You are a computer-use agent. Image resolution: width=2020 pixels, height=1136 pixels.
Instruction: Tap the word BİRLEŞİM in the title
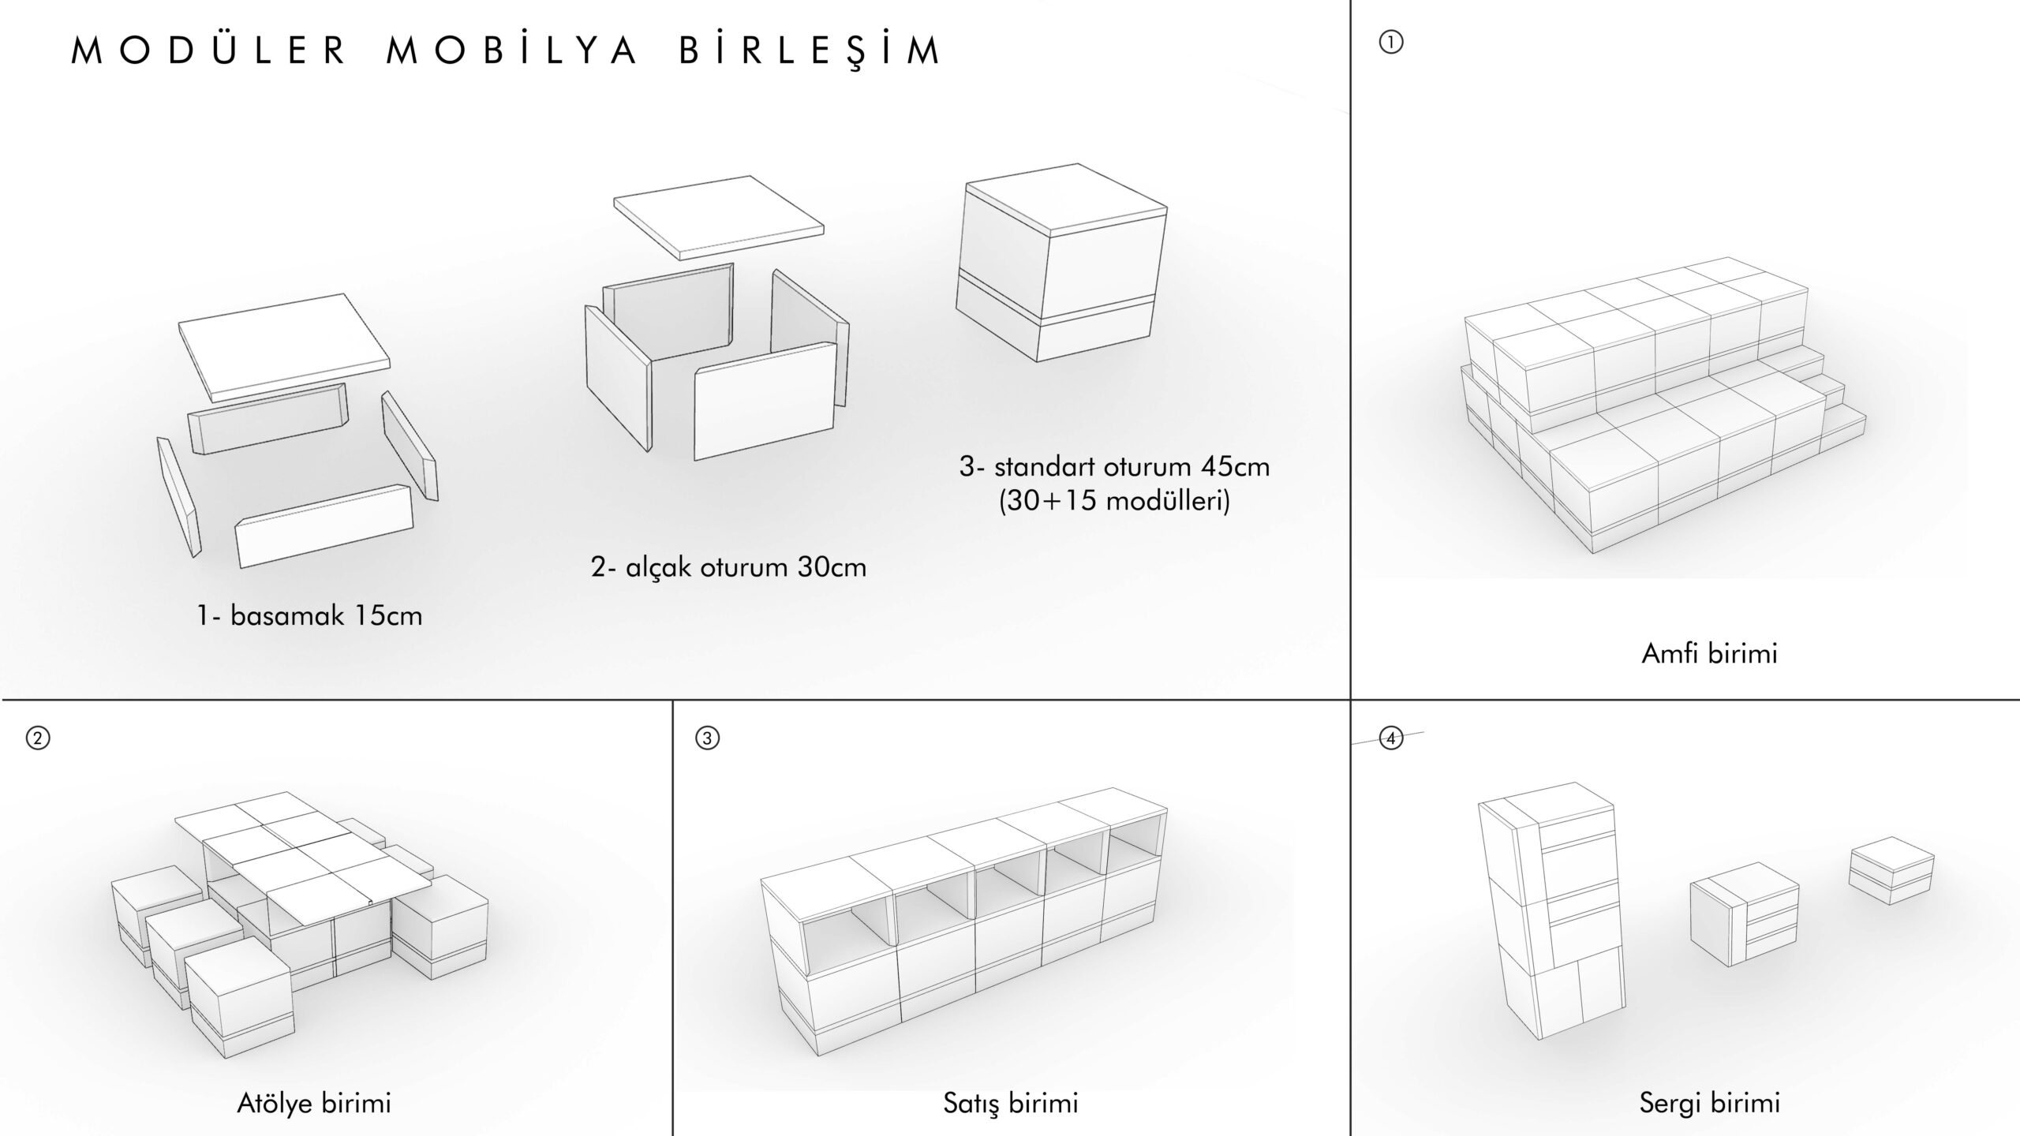point(810,49)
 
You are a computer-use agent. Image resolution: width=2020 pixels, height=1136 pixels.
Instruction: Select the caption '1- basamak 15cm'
point(309,615)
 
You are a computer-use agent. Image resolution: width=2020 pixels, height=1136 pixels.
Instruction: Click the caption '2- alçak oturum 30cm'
point(728,566)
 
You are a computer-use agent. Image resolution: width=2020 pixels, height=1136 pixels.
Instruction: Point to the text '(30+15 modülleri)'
point(1114,501)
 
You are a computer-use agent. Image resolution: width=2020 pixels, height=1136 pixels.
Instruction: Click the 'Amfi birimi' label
point(1709,653)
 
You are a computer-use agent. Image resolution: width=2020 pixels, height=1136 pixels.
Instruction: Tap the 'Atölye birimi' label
point(314,1103)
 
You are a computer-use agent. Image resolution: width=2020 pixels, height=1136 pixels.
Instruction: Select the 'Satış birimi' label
point(1010,1103)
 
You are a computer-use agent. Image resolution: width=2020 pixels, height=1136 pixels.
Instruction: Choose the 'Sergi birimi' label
point(1709,1103)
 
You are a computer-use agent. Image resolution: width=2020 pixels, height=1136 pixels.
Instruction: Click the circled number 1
point(1390,43)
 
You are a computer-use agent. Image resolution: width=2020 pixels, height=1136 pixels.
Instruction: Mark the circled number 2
point(37,738)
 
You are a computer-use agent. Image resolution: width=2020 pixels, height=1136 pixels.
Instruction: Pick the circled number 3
point(708,738)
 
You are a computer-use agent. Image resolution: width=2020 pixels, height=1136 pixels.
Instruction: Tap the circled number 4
point(1390,738)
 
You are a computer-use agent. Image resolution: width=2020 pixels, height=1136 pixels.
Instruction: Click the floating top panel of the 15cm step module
point(285,347)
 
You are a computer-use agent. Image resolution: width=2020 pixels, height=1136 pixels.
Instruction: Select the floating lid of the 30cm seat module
point(719,217)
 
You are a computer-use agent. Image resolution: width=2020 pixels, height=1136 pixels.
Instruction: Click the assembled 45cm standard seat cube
point(1061,263)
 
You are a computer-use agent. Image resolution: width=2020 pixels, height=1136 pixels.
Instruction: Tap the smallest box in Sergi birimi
point(1891,870)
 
